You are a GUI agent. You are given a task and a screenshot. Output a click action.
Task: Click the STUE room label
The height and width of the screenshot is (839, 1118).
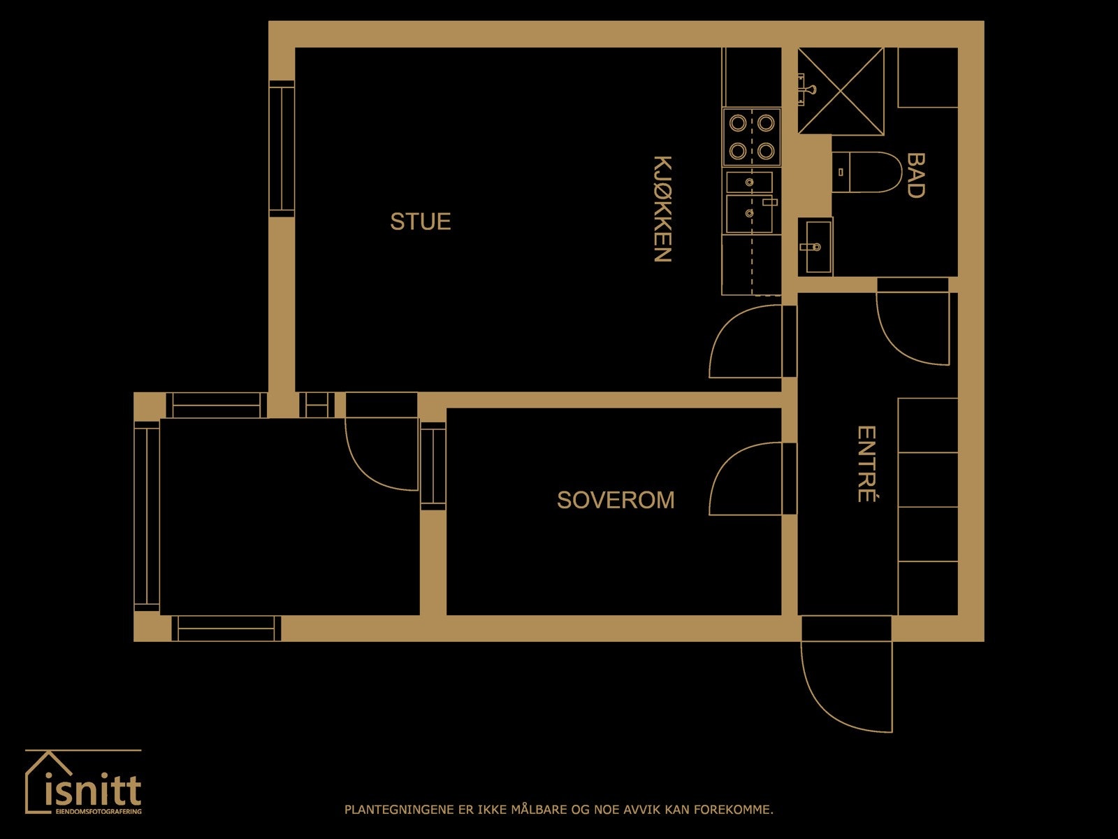[x=420, y=222]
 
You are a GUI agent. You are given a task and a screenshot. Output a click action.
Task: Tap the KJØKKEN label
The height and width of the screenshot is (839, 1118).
[x=662, y=208]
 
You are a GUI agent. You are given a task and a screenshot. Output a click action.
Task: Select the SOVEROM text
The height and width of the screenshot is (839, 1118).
[x=616, y=500]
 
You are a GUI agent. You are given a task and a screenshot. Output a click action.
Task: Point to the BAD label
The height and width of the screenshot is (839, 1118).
[x=915, y=175]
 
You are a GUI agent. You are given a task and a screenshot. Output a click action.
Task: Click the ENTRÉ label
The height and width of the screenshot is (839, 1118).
[x=866, y=464]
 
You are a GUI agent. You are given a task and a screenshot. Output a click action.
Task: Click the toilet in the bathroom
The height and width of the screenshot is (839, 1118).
[x=869, y=172]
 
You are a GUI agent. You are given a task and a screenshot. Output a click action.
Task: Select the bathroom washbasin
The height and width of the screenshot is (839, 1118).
[x=815, y=246]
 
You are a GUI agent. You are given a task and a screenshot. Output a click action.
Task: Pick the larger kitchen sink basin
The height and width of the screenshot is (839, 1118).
[x=748, y=214]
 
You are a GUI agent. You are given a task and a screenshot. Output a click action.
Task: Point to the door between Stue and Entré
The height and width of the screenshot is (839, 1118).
[x=743, y=343]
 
